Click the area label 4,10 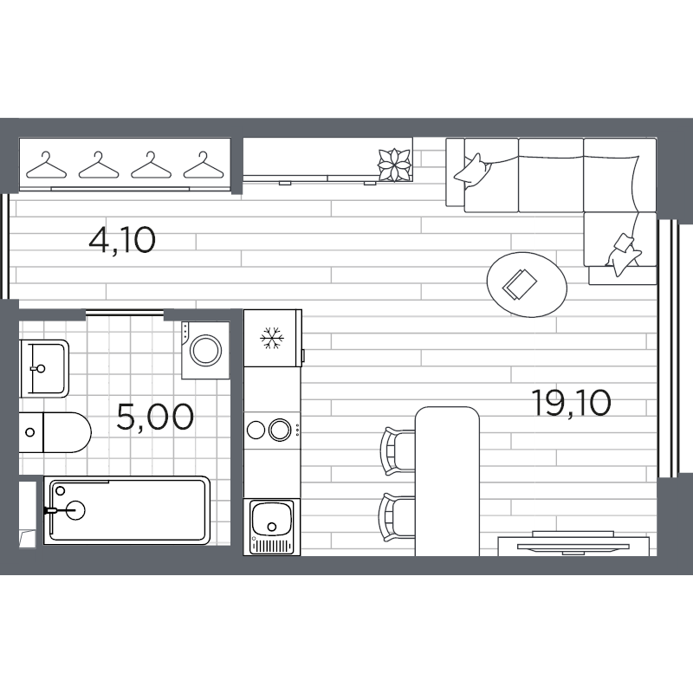122,239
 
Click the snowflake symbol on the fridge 273,339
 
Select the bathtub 127,509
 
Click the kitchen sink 271,521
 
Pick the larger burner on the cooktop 280,429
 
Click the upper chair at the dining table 398,450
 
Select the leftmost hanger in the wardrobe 46,165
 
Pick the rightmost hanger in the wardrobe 202,165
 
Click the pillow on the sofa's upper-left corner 473,168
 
